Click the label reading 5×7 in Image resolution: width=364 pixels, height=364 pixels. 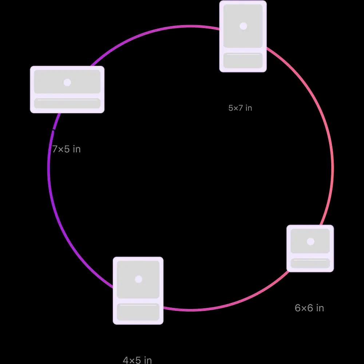coord(240,108)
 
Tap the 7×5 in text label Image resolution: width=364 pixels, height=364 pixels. coord(66,149)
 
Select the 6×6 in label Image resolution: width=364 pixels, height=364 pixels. coord(309,308)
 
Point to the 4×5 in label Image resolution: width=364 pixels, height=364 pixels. coord(137,360)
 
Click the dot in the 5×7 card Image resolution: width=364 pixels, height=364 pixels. coord(243,26)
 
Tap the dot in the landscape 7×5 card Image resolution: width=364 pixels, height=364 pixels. coord(67,82)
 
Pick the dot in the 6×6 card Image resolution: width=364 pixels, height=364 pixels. coord(310,241)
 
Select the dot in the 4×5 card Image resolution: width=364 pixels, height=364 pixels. coord(138,279)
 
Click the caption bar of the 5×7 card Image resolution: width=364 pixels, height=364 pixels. coord(243,60)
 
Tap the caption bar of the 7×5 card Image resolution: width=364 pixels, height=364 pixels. coord(67,103)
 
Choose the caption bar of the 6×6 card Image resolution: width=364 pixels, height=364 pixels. coord(310,263)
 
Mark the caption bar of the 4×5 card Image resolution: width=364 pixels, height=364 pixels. coord(138,312)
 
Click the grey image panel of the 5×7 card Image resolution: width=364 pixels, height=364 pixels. coord(243,26)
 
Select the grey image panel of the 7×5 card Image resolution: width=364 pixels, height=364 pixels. coord(67,82)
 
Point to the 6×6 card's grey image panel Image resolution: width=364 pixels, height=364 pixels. coord(310,241)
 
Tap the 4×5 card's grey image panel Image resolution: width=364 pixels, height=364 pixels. coord(138,280)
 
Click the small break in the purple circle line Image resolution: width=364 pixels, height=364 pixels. coord(54,130)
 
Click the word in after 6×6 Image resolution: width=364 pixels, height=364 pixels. coord(320,308)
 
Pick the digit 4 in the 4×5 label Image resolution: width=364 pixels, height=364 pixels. coord(126,360)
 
